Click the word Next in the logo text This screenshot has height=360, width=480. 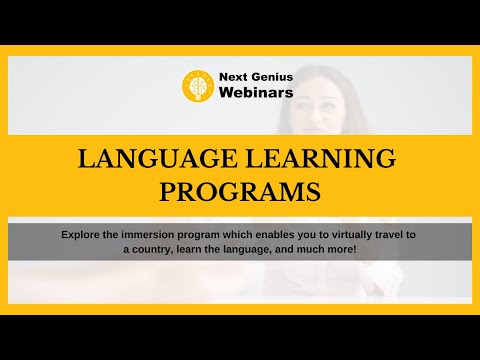(232, 77)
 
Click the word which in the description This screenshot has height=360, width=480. (233, 234)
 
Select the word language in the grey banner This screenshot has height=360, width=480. (256, 248)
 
